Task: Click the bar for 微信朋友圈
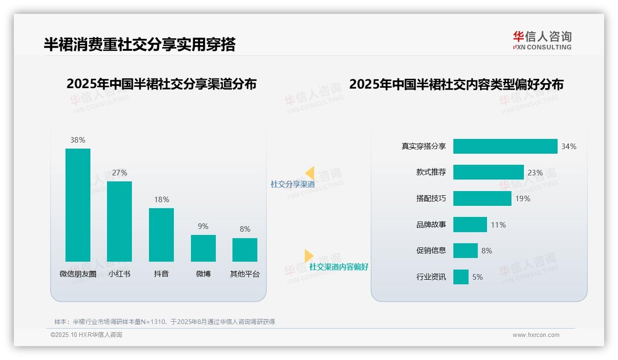[x=78, y=205]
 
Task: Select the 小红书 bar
[x=119, y=222]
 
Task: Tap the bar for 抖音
[x=161, y=234]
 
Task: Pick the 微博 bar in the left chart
[x=203, y=248]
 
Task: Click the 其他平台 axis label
[x=245, y=274]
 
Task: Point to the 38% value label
[x=77, y=140]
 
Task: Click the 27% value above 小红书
[x=119, y=173]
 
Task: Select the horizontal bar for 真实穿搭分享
[x=505, y=146]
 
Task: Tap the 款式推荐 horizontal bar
[x=488, y=172]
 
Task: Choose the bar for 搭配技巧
[x=482, y=198]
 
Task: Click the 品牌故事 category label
[x=431, y=225]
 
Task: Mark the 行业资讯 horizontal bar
[x=461, y=277]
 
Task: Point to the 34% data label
[x=569, y=146]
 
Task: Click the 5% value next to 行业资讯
[x=477, y=277]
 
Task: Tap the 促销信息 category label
[x=431, y=251]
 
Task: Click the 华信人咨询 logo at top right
[x=542, y=40]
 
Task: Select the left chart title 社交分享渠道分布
[x=161, y=84]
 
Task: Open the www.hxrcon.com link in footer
[x=536, y=335]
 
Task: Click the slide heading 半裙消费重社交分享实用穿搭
[x=140, y=44]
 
